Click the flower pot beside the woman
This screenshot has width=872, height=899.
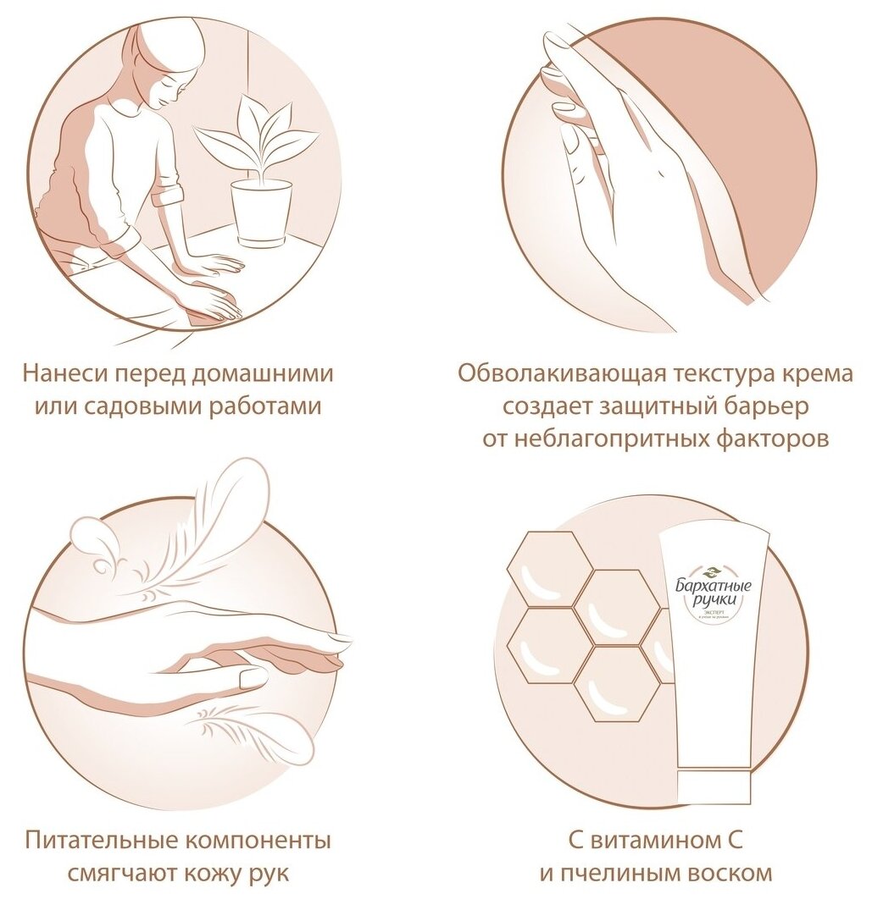(261, 213)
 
